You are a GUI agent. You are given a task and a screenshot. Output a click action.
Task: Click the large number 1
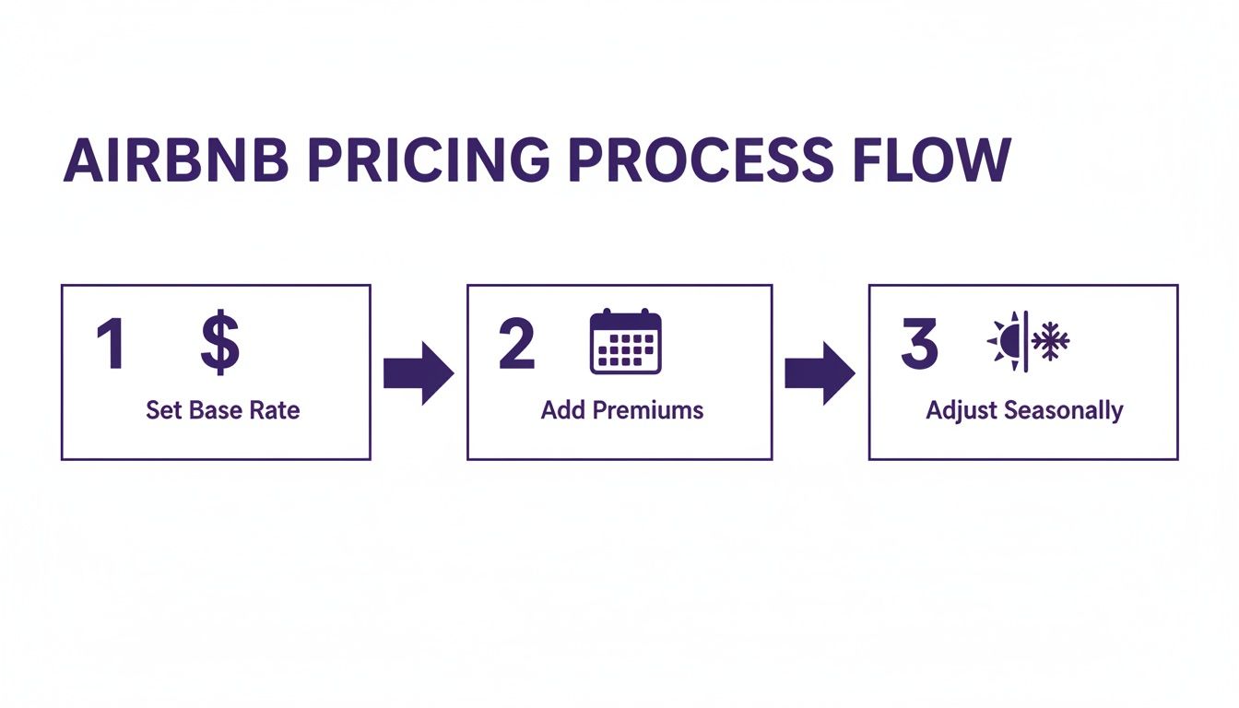112,344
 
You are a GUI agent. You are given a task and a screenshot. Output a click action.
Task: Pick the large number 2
515,344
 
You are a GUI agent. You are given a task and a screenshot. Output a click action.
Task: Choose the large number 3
918,344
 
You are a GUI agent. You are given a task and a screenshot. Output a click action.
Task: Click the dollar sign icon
219,343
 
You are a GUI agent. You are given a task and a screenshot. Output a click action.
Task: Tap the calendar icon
626,342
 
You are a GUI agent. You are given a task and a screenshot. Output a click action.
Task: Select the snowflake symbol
1050,342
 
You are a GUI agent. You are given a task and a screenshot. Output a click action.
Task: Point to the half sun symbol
1007,342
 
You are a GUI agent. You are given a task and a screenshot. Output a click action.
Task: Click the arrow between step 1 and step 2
419,373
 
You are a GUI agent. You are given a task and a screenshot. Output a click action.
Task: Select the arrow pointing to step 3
820,373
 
